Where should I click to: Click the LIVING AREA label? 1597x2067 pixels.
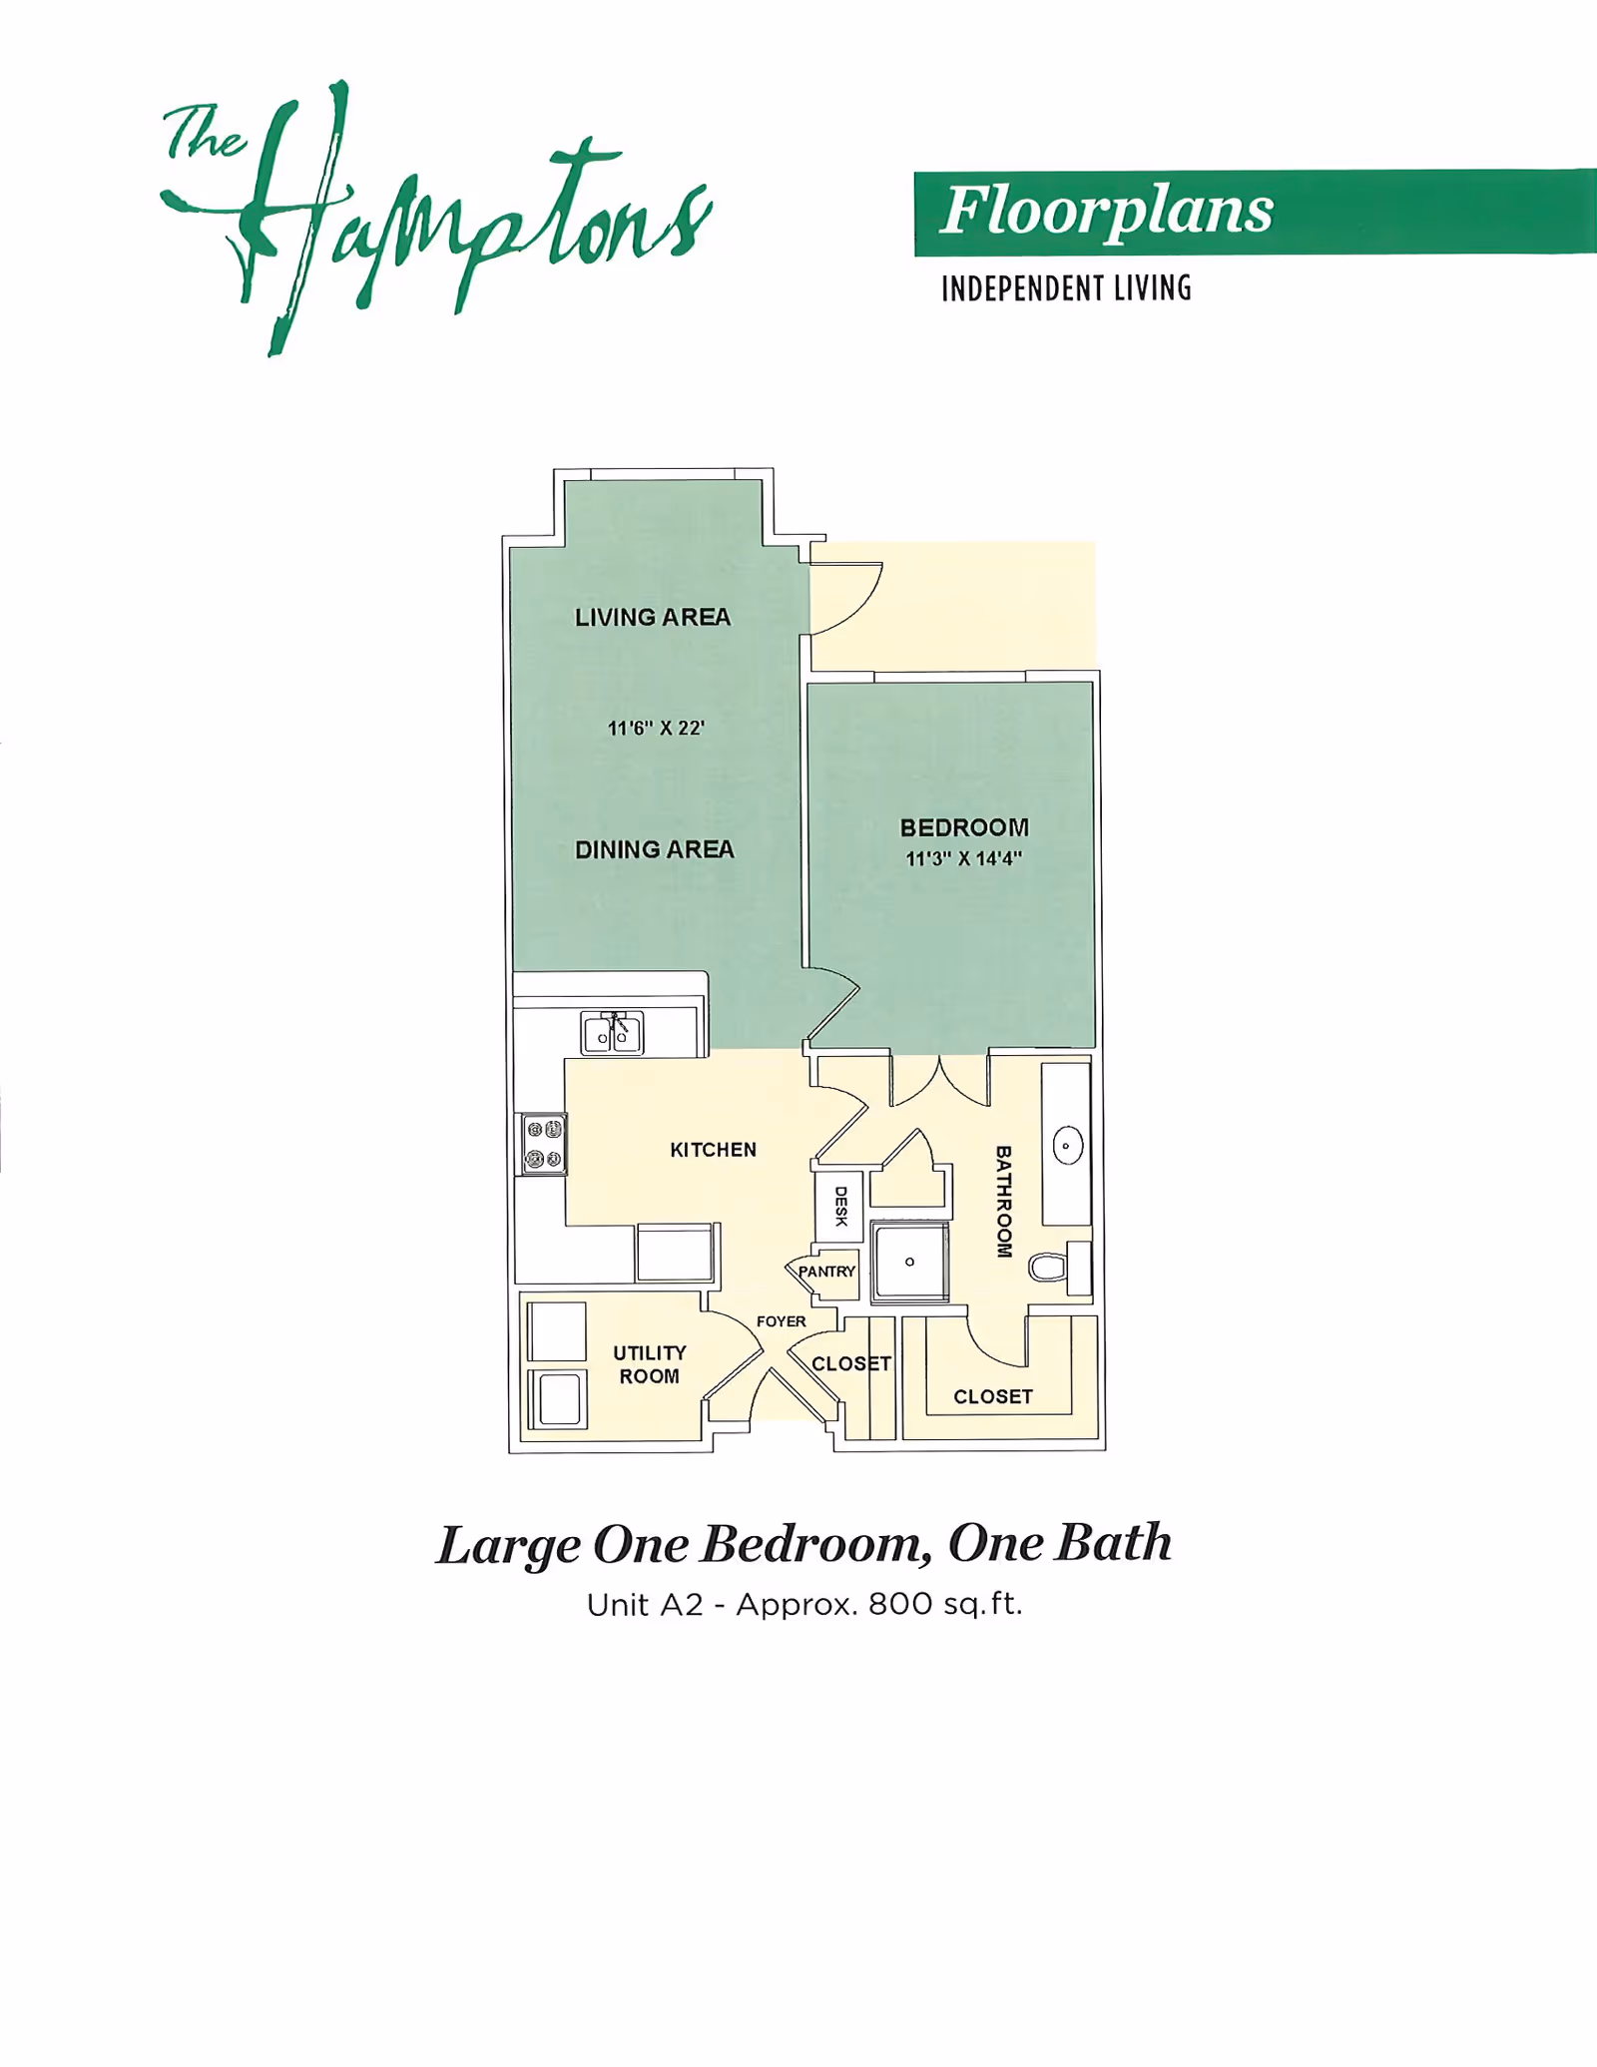[x=653, y=618]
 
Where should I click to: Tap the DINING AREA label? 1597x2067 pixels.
[x=655, y=849]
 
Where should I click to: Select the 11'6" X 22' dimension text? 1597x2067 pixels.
[x=656, y=729]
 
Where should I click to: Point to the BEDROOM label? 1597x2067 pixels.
[x=964, y=827]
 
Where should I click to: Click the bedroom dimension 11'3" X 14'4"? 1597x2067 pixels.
[x=963, y=858]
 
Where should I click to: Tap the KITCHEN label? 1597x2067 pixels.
[x=713, y=1150]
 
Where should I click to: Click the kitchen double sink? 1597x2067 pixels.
[x=612, y=1033]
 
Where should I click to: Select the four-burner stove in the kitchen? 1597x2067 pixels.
[x=545, y=1144]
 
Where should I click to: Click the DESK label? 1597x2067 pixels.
[x=840, y=1207]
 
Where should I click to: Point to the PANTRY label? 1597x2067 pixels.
[x=826, y=1272]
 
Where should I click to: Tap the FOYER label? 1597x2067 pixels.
[x=781, y=1321]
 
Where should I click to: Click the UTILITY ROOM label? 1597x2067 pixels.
[x=650, y=1364]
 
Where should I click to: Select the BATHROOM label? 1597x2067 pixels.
[x=1004, y=1202]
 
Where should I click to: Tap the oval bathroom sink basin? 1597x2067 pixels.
[x=1067, y=1146]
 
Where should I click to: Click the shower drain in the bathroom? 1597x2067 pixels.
[x=909, y=1262]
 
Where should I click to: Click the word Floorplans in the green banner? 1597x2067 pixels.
[x=1107, y=212]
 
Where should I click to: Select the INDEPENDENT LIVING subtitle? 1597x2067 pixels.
[x=1066, y=288]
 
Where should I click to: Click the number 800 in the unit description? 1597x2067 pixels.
[x=901, y=1604]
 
